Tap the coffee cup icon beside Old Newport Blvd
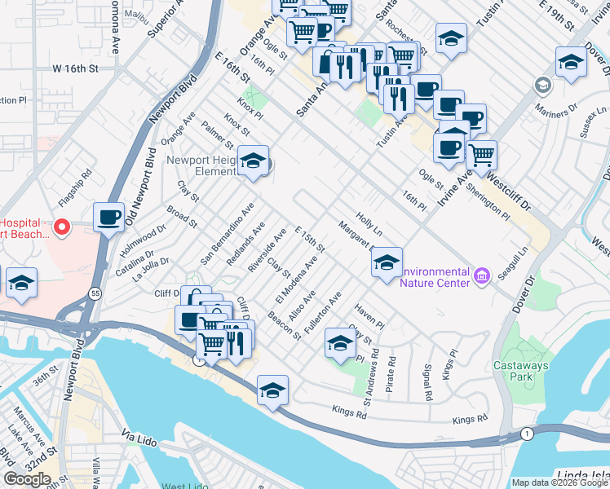coord(109,218)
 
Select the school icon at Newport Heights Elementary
coord(254,161)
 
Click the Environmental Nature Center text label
coord(435,277)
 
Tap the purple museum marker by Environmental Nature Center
coord(482,276)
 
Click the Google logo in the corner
coord(28,479)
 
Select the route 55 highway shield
coord(96,292)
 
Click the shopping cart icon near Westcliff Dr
coord(482,153)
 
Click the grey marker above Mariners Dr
coord(542,85)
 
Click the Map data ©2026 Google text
coord(559,482)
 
